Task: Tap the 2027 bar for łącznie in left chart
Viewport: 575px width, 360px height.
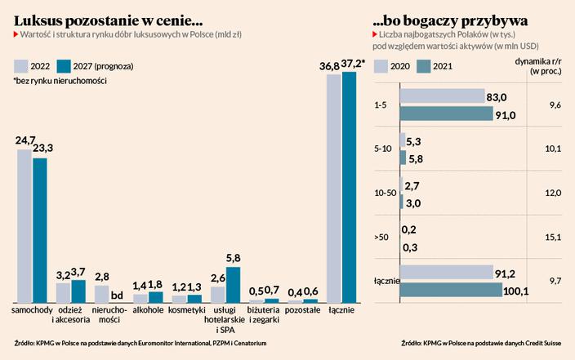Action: coord(349,188)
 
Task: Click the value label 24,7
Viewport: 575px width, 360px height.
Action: coord(25,141)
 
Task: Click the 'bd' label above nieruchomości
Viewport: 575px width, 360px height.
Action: coord(117,296)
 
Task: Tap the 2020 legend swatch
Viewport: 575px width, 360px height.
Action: coord(379,66)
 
